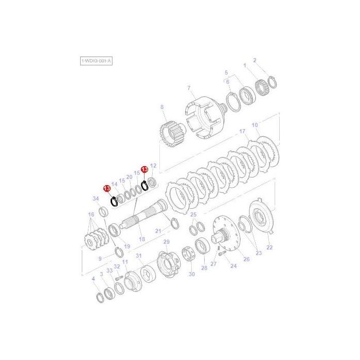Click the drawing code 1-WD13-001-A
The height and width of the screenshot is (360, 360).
click(x=96, y=61)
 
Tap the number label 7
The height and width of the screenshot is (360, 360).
click(x=189, y=88)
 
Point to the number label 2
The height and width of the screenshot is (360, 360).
click(x=268, y=61)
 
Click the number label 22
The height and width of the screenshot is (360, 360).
click(x=269, y=247)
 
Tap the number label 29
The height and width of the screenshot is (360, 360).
click(x=166, y=242)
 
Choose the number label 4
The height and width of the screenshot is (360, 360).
click(x=93, y=278)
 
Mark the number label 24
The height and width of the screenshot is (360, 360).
click(x=233, y=266)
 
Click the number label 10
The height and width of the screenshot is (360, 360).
click(x=255, y=125)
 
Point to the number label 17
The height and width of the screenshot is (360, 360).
click(x=242, y=132)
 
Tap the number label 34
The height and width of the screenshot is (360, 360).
click(x=95, y=199)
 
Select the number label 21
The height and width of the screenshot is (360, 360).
click(x=158, y=231)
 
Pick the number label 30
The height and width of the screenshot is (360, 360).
click(x=192, y=274)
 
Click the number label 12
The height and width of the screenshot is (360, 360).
click(x=153, y=166)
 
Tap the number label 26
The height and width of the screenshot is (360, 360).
click(x=246, y=259)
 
